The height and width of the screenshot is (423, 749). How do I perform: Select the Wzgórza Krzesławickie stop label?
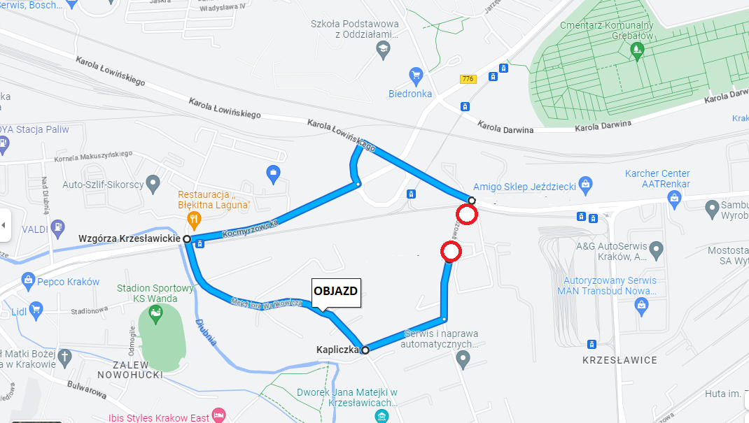click(x=129, y=239)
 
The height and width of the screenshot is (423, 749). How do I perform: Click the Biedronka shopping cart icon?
click(x=416, y=75)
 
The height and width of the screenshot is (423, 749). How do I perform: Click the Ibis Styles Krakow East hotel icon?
click(x=218, y=415)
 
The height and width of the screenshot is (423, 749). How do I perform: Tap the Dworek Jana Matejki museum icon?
click(x=381, y=417)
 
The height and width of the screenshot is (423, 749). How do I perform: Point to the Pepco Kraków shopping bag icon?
click(x=29, y=282)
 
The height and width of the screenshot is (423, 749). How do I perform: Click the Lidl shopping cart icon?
click(x=36, y=308)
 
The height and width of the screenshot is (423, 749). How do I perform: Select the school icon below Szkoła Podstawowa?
click(x=382, y=49)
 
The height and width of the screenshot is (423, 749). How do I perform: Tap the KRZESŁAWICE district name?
click(x=619, y=360)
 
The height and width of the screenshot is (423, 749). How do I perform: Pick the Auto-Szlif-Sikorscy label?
click(x=103, y=185)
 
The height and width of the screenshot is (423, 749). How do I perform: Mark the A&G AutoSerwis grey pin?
click(x=656, y=248)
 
